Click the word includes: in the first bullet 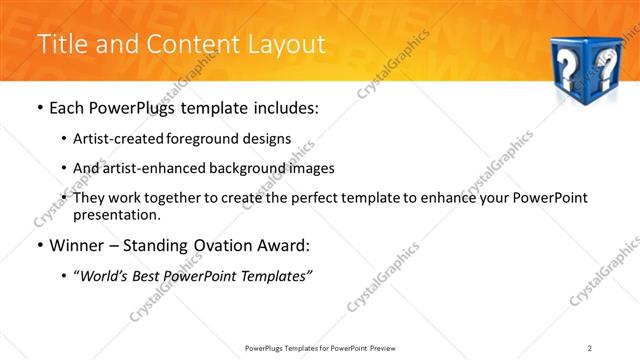[283, 108]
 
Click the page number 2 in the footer [590, 347]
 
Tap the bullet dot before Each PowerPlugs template [39, 108]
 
